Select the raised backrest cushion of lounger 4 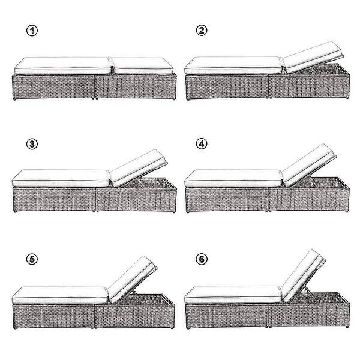[308, 163]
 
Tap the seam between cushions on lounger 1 [112, 65]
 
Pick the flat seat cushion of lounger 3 [60, 178]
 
